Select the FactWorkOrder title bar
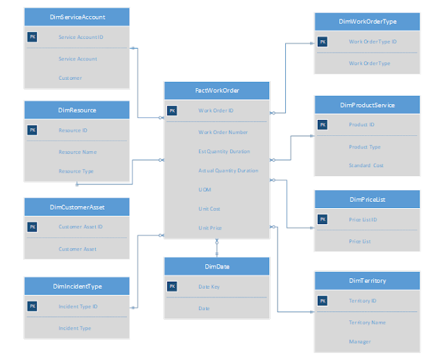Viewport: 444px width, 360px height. point(216,90)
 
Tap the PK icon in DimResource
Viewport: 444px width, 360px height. point(32,130)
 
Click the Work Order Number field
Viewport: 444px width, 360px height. point(223,132)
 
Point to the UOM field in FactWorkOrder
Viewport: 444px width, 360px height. point(205,189)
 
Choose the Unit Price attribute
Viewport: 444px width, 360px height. point(210,228)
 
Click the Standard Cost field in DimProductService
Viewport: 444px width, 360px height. point(366,165)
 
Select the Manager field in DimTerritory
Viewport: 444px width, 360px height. point(359,341)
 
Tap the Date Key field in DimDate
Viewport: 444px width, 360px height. point(209,286)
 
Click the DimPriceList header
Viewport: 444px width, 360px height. point(367,199)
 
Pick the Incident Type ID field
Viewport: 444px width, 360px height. point(78,306)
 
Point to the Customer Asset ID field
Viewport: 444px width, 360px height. point(80,226)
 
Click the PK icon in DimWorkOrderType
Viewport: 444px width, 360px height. point(323,42)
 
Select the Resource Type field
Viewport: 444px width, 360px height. point(76,171)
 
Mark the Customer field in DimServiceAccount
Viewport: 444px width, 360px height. point(70,78)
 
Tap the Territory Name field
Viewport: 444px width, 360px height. point(367,322)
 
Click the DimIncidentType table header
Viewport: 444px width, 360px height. point(77,286)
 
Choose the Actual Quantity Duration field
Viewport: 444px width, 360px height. point(228,170)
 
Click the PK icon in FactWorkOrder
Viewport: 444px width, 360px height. point(172,110)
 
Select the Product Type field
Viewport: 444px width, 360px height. point(364,146)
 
